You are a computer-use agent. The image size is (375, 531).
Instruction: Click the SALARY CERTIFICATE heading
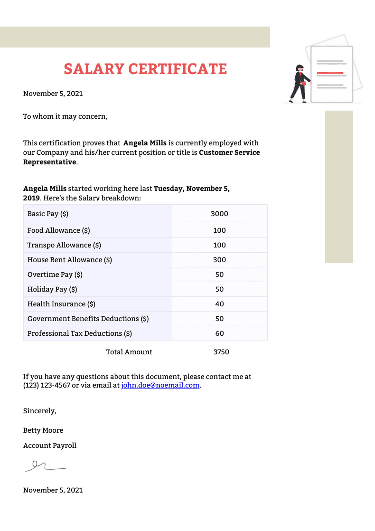145,69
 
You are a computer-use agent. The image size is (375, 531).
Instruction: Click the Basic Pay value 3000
219,214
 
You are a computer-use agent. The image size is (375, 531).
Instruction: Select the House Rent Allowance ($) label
70,260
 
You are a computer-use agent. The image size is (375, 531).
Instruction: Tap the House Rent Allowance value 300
219,260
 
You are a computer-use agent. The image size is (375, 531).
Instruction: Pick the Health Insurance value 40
219,304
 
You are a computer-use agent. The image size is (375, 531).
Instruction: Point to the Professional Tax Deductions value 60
219,333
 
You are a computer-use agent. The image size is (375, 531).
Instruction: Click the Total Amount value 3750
221,352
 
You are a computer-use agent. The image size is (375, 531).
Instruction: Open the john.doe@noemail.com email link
160,385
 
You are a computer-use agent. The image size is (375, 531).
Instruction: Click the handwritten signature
45,466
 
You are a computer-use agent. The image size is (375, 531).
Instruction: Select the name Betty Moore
43,430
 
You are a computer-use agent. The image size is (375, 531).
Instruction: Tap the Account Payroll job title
50,446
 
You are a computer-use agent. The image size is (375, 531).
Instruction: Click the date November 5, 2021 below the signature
53,490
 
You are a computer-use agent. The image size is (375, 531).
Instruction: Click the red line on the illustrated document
330,73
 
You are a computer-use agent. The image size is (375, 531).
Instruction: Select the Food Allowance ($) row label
59,230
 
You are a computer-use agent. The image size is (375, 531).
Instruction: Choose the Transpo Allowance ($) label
64,245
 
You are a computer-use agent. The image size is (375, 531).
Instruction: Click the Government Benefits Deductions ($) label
88,319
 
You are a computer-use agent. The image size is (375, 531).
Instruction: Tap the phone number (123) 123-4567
47,385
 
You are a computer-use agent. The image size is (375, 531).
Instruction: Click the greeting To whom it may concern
65,116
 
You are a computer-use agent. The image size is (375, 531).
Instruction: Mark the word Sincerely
39,411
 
